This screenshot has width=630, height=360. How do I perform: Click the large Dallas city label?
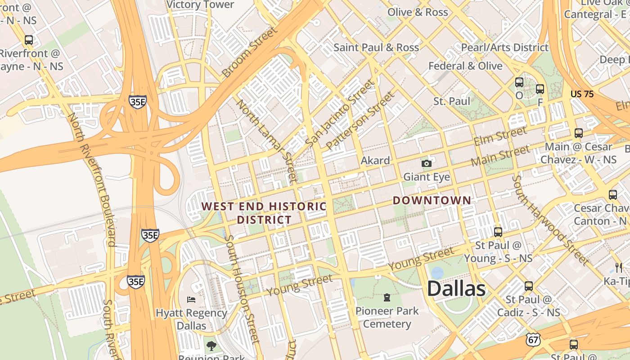(456, 288)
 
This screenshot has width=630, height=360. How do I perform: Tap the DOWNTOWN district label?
(432, 201)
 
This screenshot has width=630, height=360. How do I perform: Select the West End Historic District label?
(264, 213)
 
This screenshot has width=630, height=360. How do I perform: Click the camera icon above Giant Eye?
(426, 164)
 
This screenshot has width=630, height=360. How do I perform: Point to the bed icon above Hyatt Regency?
(191, 299)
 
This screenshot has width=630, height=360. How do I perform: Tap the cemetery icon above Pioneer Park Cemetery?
(387, 297)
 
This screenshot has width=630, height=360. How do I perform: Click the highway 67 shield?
(533, 340)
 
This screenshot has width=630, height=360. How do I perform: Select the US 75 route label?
(582, 94)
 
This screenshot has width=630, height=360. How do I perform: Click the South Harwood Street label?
(550, 220)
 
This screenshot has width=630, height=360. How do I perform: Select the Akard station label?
(375, 161)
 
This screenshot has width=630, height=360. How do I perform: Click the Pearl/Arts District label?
(504, 48)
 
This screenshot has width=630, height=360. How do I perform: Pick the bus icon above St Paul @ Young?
(498, 232)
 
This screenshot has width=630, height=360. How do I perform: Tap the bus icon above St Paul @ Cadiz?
(529, 286)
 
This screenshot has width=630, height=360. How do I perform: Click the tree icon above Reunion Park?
(211, 346)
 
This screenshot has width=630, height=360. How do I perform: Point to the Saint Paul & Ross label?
(376, 48)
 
